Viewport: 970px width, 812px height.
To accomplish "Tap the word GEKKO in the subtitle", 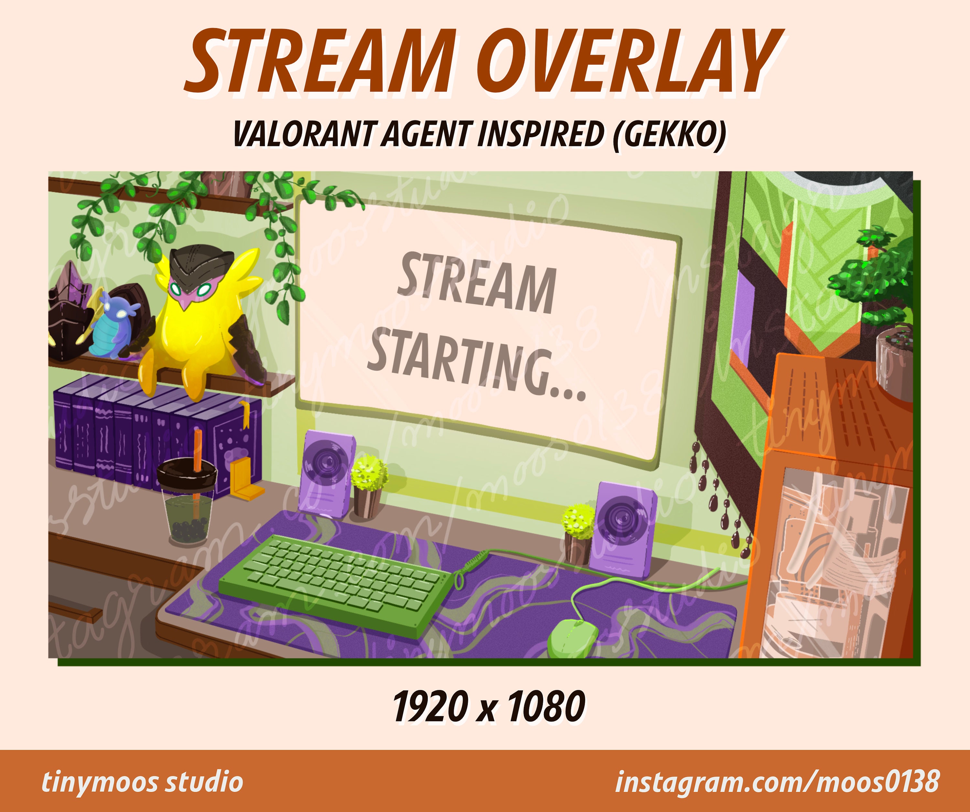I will pos(669,134).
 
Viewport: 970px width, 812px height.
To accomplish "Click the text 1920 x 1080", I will pos(489,706).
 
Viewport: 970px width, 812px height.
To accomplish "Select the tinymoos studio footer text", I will pos(142,782).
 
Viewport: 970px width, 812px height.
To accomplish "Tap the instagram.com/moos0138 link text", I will pos(777,782).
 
